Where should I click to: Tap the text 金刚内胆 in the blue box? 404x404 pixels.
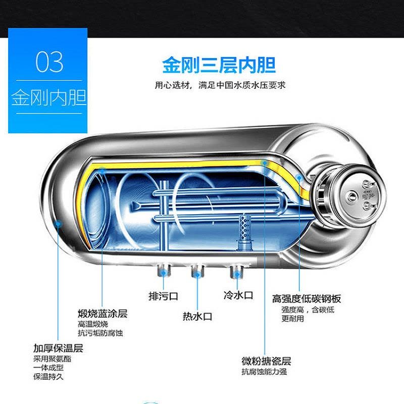[48, 97]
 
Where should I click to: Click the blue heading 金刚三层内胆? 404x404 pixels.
[219, 65]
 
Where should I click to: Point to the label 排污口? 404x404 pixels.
[163, 296]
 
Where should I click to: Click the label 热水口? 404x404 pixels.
[197, 317]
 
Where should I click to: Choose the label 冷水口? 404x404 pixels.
[238, 295]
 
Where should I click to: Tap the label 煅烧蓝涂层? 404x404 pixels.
[103, 314]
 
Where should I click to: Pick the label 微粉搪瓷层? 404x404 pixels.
[266, 361]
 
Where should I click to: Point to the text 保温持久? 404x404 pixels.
[49, 377]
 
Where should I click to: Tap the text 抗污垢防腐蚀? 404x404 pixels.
[100, 333]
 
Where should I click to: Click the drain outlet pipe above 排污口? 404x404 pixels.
[163, 272]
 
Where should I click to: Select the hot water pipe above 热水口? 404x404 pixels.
[196, 272]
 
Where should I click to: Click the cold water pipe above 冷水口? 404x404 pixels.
[235, 272]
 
